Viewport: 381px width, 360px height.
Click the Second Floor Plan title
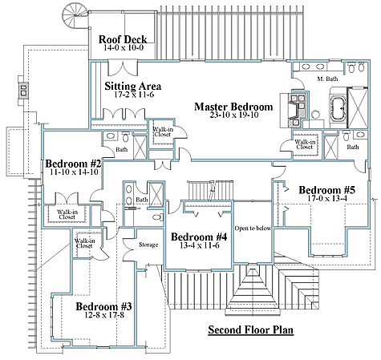point(251,330)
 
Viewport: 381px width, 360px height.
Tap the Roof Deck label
point(123,39)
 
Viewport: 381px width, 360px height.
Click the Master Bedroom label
point(233,107)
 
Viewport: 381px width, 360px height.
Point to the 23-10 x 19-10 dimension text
point(234,115)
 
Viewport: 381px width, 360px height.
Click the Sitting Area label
point(133,86)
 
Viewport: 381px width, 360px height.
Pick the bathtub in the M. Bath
point(338,108)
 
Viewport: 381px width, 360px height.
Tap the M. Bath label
point(327,79)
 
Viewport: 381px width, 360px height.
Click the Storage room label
point(148,245)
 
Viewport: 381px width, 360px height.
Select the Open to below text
point(253,229)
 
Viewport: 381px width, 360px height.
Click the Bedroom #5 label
point(327,190)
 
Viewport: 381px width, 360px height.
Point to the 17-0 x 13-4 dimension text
point(327,198)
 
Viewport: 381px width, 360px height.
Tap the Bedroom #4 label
point(199,237)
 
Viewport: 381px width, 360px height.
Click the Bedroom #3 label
point(103,306)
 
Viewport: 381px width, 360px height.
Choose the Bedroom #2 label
point(73,164)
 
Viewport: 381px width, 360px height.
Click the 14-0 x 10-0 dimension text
point(124,47)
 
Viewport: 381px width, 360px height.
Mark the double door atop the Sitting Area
point(123,68)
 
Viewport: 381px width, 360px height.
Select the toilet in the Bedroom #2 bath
point(125,137)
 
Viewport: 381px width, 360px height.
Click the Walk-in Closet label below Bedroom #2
point(67,214)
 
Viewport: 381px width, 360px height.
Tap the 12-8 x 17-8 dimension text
point(104,315)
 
